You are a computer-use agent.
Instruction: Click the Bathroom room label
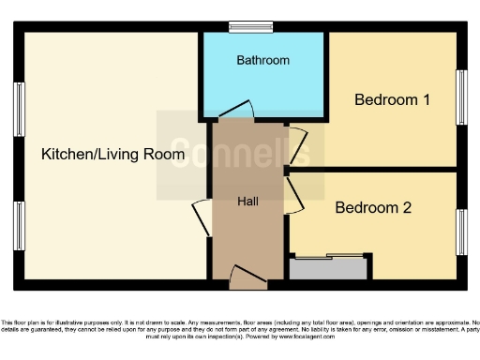(x=262, y=60)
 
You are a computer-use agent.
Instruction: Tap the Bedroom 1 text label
(x=391, y=99)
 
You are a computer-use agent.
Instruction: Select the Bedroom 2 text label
(x=373, y=208)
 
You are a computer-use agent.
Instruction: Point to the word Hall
(x=247, y=202)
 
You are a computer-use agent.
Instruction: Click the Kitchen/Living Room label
(x=112, y=155)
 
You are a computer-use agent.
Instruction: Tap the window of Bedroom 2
(x=461, y=232)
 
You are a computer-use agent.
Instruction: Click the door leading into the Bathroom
(x=235, y=110)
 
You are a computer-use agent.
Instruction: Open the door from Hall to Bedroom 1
(x=298, y=145)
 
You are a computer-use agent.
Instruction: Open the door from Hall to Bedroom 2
(x=294, y=194)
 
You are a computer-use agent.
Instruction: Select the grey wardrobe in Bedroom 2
(x=328, y=268)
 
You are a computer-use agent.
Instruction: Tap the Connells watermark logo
(x=234, y=155)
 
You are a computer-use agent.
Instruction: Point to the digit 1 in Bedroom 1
(x=426, y=99)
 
